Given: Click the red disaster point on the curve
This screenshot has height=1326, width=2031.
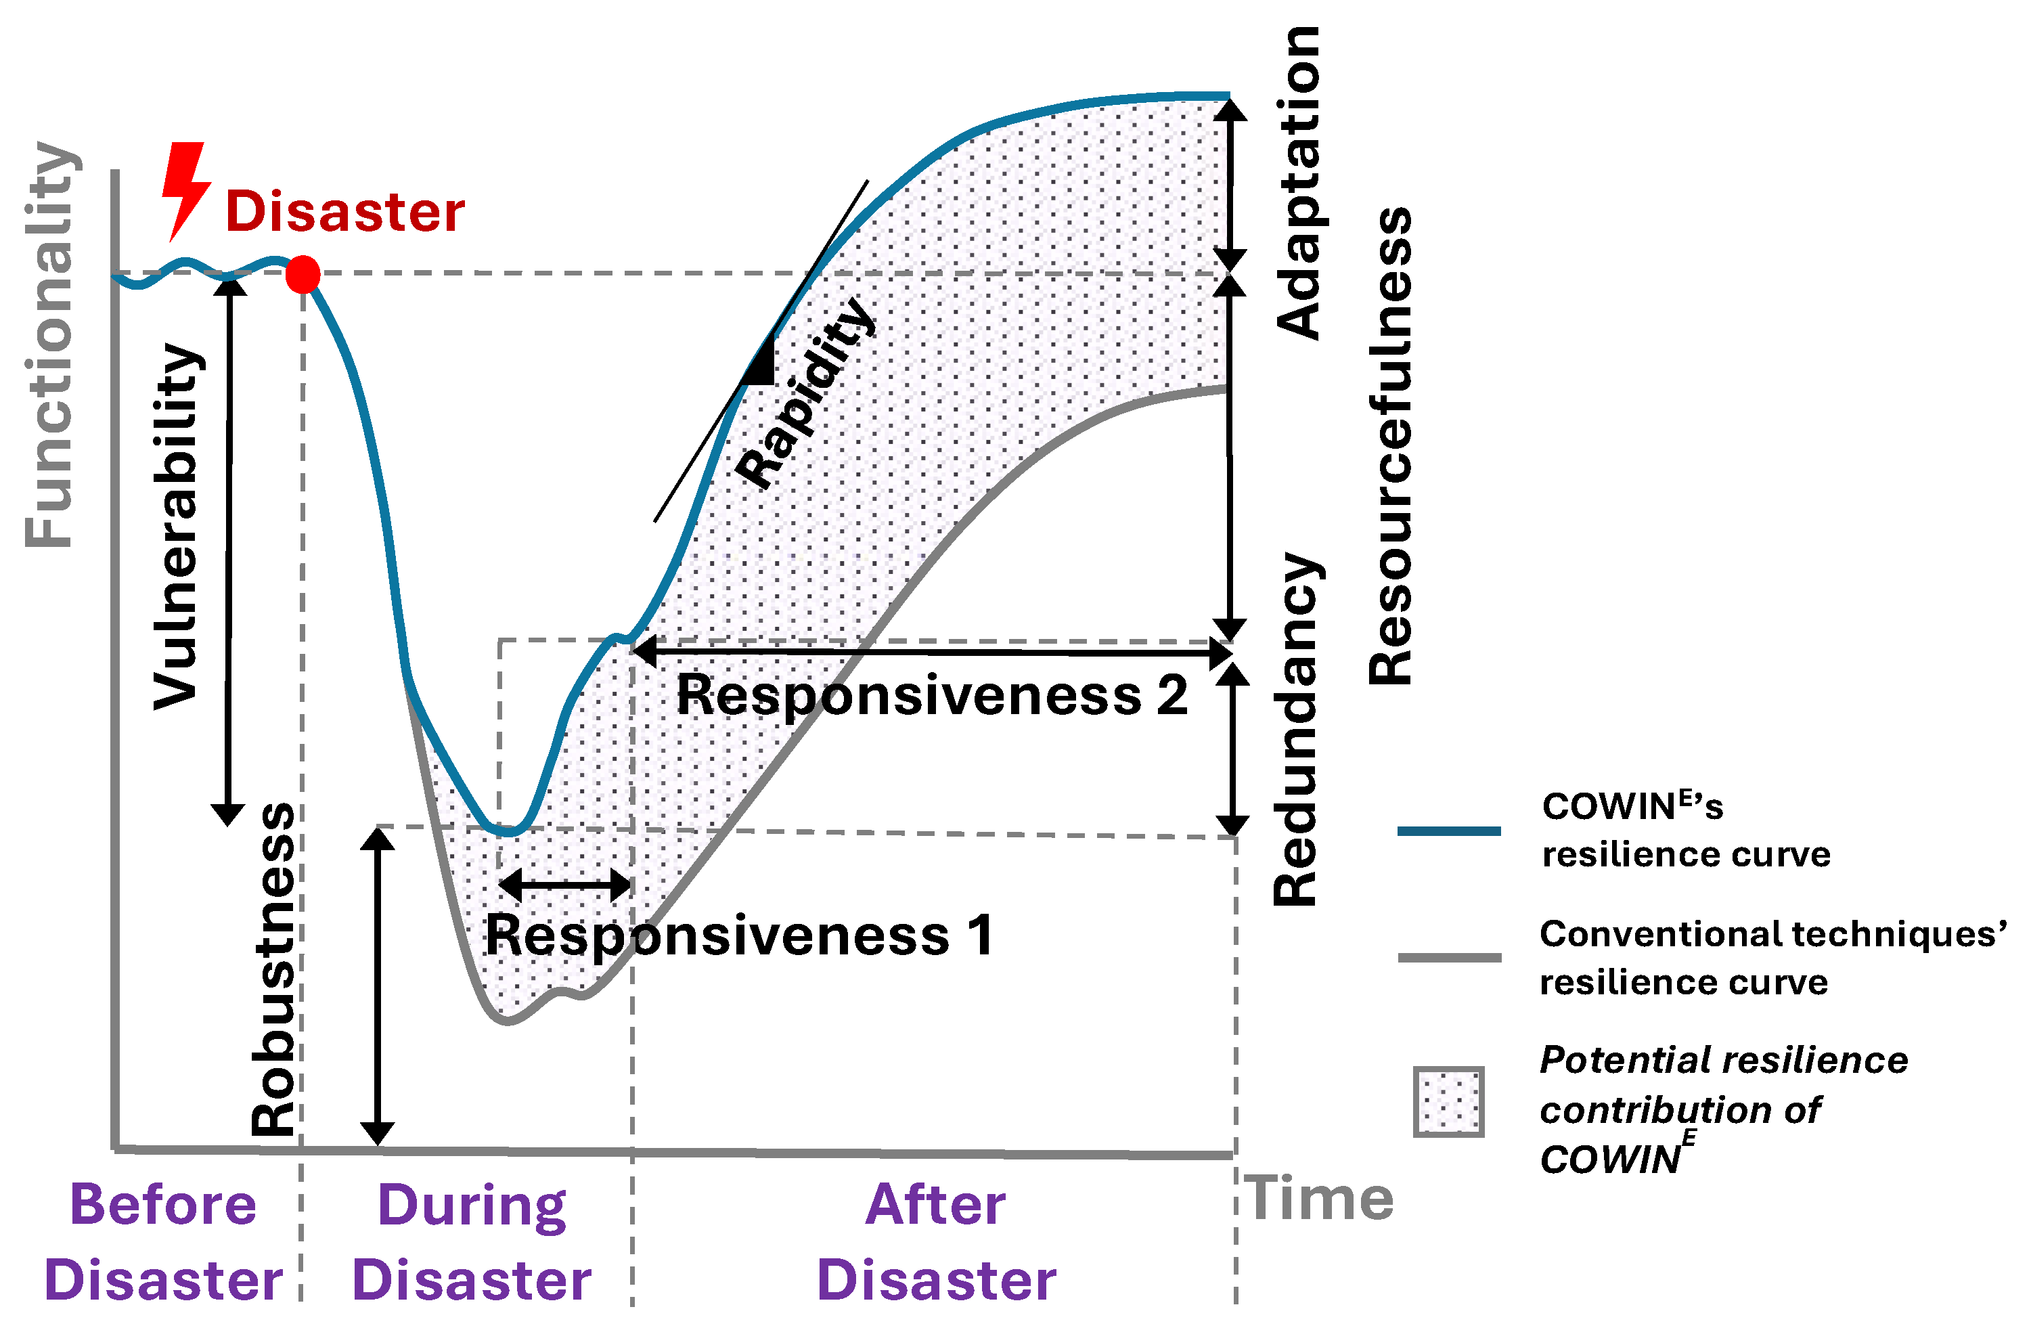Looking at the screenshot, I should coord(303,275).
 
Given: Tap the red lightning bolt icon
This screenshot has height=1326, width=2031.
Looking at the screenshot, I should coord(185,190).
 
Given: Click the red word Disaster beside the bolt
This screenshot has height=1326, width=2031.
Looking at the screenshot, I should coord(344,212).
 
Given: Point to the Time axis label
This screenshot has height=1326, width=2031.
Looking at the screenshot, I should coord(1319,1199).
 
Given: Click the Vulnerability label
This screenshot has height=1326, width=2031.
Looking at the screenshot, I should coord(177,527).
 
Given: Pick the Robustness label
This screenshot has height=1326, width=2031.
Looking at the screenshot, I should coord(273,969).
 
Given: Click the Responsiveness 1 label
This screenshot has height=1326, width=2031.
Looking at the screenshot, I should coord(739,935).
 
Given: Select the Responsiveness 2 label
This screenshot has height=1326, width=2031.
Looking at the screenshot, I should coord(932,694).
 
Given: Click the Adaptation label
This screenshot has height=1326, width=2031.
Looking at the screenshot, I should coord(1298,183).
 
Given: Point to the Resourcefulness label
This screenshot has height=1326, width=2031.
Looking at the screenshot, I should coord(1390,445).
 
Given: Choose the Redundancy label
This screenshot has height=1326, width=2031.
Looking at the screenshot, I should coord(1295,730).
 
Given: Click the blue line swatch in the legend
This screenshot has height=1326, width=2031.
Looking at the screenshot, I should coord(1449,831).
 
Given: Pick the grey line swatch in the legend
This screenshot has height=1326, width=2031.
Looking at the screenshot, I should coord(1449,957).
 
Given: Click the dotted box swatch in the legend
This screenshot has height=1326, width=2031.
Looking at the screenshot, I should coord(1448,1101).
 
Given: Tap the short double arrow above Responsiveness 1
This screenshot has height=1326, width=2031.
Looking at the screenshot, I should coord(565,884).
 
